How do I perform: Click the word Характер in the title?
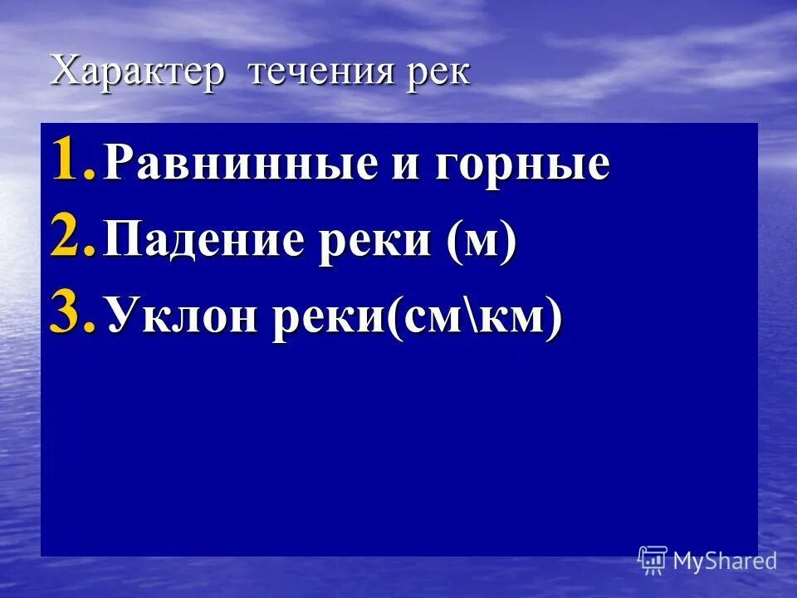coord(137,71)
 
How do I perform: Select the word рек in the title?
coord(438,73)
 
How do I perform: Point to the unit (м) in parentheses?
coord(482,242)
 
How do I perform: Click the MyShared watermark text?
coord(724,561)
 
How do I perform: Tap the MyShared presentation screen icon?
coord(653,560)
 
